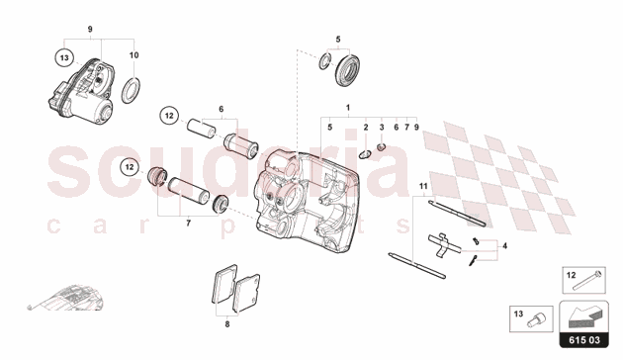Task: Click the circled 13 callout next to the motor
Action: (x=64, y=58)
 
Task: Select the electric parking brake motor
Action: (x=81, y=91)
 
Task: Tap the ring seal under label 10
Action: (x=131, y=91)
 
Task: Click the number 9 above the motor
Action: (x=90, y=29)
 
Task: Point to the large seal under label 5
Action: (x=348, y=71)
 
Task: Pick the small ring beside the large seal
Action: (x=324, y=60)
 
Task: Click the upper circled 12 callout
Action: (x=169, y=116)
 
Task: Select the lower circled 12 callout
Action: (x=130, y=167)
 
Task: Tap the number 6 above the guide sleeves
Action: (x=222, y=109)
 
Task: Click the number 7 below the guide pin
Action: (x=188, y=224)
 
